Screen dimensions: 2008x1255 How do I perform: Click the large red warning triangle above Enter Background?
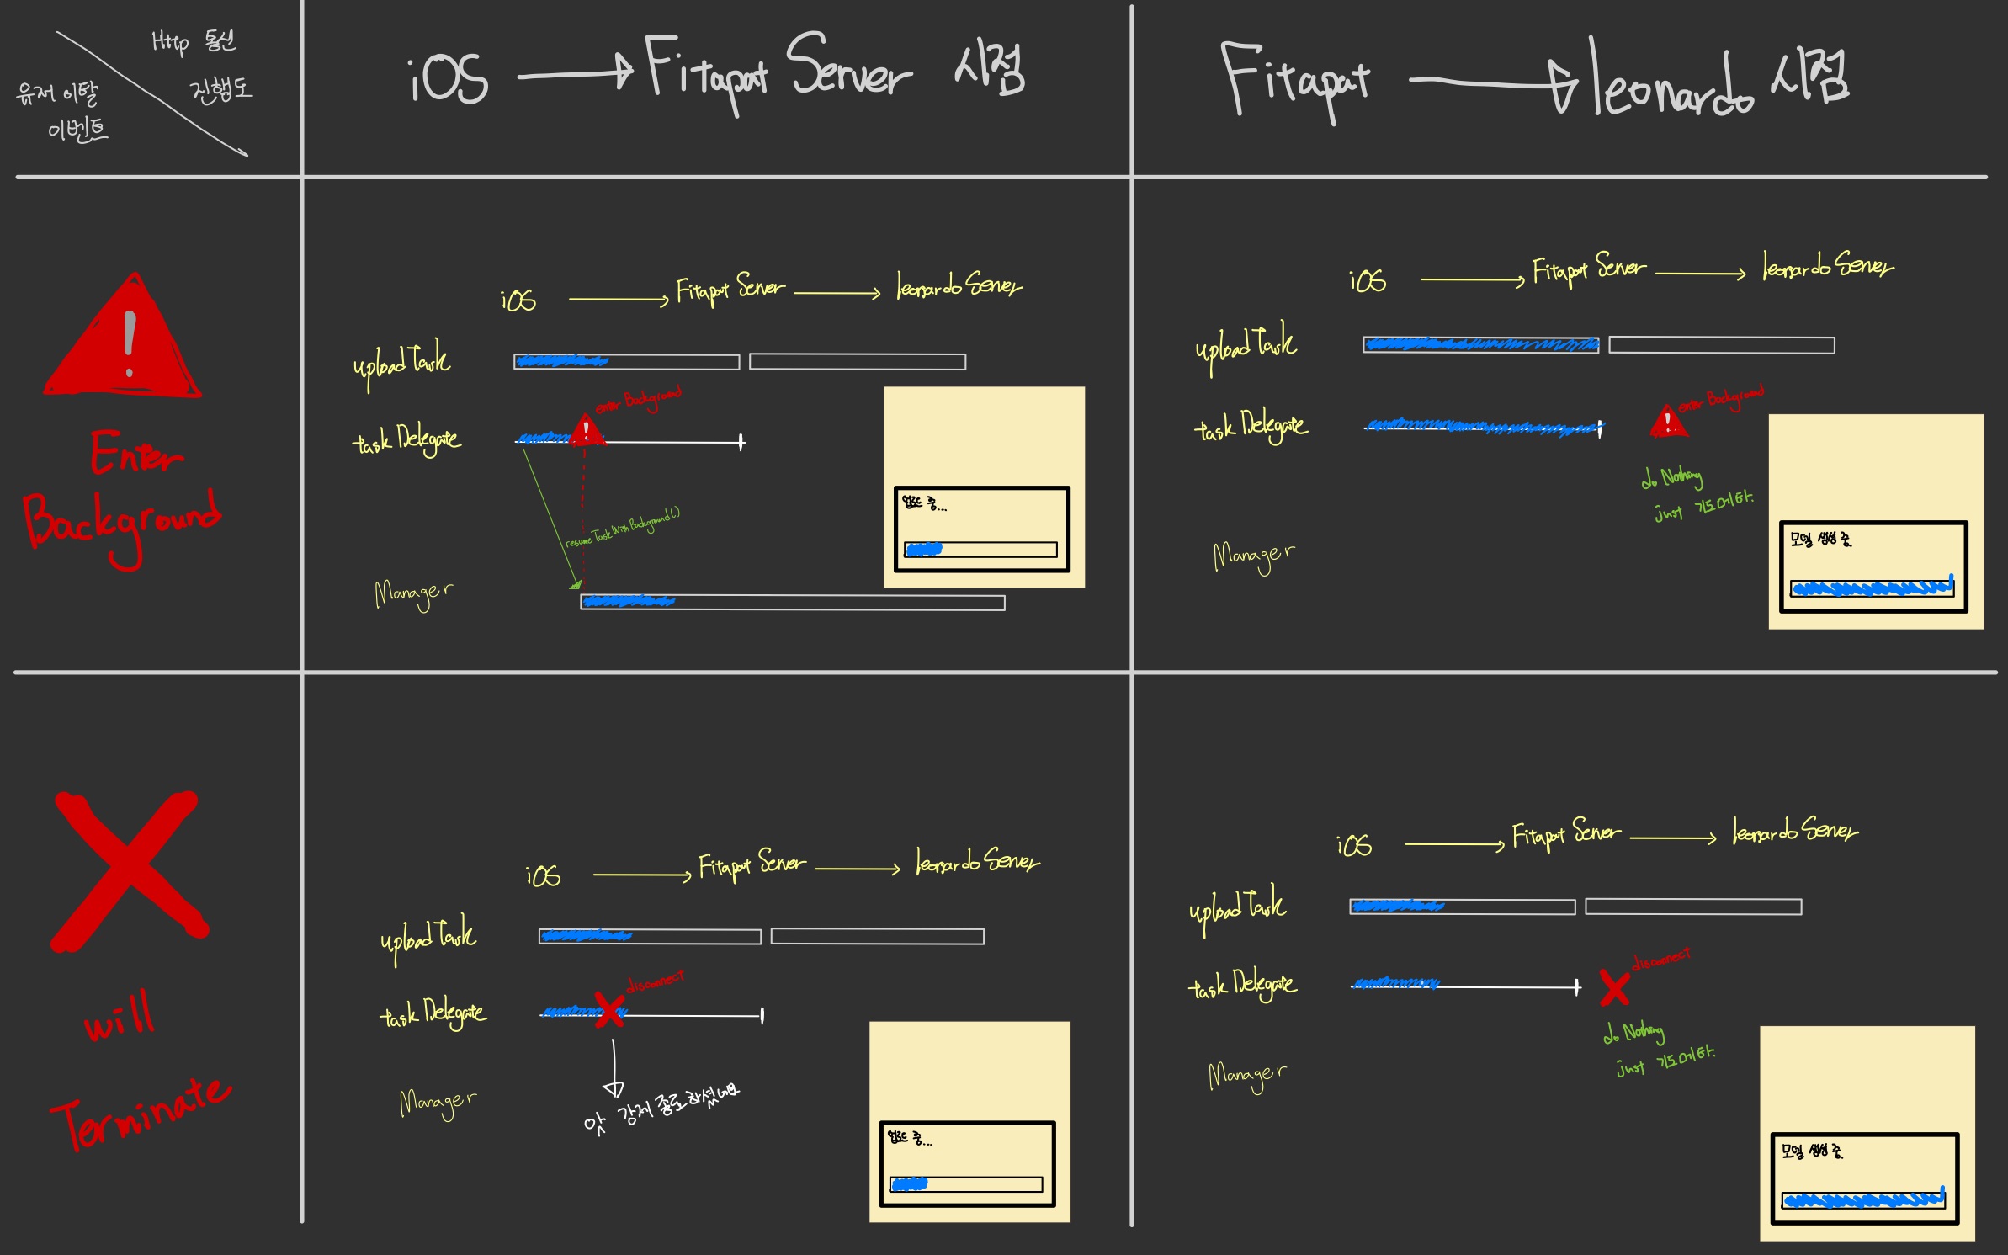tap(125, 341)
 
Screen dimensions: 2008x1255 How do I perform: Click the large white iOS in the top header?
tap(449, 78)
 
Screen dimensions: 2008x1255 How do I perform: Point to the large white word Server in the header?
tap(848, 67)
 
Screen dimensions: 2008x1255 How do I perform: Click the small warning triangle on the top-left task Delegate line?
tap(587, 430)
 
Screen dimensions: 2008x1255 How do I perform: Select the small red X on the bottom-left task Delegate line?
tap(608, 1009)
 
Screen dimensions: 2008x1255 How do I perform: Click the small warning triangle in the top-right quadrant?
tap(1668, 421)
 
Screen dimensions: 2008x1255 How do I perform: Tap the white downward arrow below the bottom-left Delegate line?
tap(614, 1069)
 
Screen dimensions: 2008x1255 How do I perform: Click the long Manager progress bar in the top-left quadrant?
tap(792, 603)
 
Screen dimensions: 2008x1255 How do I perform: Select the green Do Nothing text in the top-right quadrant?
tap(1673, 477)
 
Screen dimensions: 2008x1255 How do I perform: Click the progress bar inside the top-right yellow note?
tap(1872, 588)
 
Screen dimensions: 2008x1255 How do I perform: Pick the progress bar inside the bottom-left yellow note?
tap(966, 1184)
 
